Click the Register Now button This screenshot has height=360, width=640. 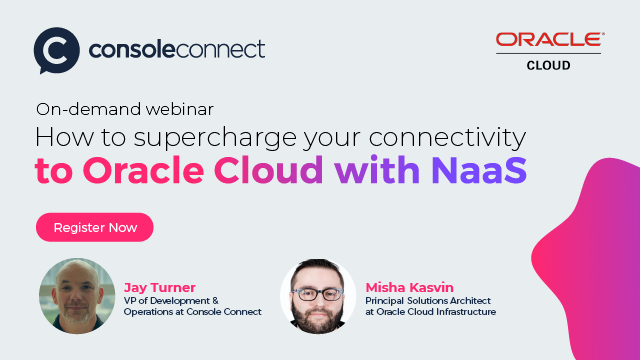tap(95, 227)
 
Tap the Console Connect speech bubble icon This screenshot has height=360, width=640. tap(56, 50)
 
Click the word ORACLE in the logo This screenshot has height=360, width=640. tap(549, 41)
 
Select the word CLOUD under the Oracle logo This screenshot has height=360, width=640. tap(549, 65)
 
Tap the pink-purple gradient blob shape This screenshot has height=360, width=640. tap(590, 260)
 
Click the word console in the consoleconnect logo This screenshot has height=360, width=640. tap(127, 48)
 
